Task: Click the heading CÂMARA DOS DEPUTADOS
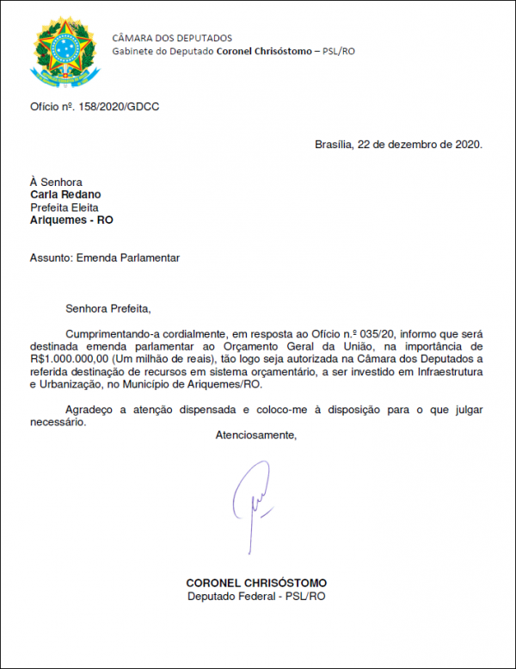pos(172,38)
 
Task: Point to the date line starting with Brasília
pos(399,145)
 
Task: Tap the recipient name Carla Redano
pos(65,195)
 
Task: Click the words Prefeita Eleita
pos(64,208)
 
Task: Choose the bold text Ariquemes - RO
pos(71,220)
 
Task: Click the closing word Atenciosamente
pos(255,435)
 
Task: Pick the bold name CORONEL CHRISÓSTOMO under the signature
pos(256,583)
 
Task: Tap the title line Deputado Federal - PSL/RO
pos(256,596)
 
